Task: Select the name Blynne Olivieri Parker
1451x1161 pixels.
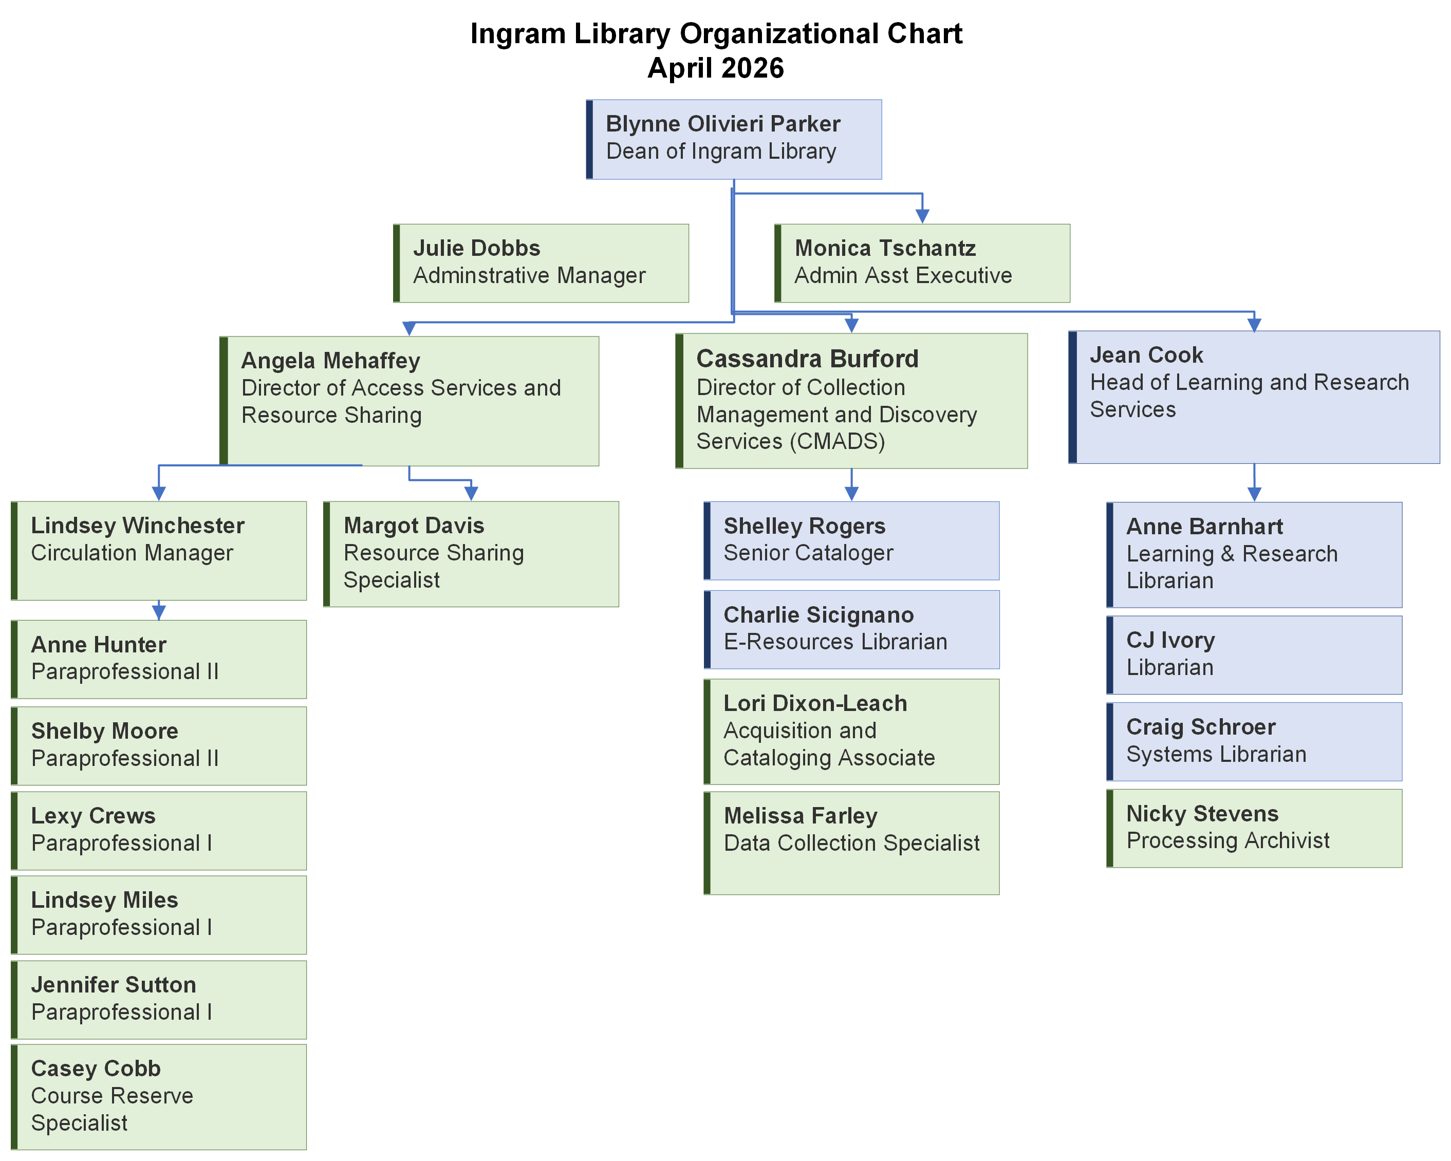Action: coord(723,124)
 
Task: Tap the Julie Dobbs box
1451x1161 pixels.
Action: coord(541,263)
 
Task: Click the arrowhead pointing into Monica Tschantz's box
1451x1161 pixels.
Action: coord(922,215)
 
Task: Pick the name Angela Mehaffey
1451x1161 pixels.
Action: coord(330,361)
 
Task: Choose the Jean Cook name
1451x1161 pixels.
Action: coord(1146,354)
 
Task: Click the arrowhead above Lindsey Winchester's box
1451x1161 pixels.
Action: coord(159,493)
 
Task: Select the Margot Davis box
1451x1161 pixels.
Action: coord(471,553)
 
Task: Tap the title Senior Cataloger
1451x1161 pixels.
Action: coord(808,553)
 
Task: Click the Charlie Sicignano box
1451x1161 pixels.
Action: coord(851,629)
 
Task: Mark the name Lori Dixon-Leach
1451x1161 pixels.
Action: coord(815,703)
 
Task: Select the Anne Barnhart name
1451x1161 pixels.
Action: coord(1205,527)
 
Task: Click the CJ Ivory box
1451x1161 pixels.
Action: coord(1254,654)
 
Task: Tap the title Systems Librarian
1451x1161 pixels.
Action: coord(1216,755)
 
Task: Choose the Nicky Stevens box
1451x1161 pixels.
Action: coord(1254,828)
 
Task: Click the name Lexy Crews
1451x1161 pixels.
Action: coord(94,816)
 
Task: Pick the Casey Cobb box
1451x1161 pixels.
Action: coord(159,1096)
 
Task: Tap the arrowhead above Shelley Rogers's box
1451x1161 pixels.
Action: coord(851,493)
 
